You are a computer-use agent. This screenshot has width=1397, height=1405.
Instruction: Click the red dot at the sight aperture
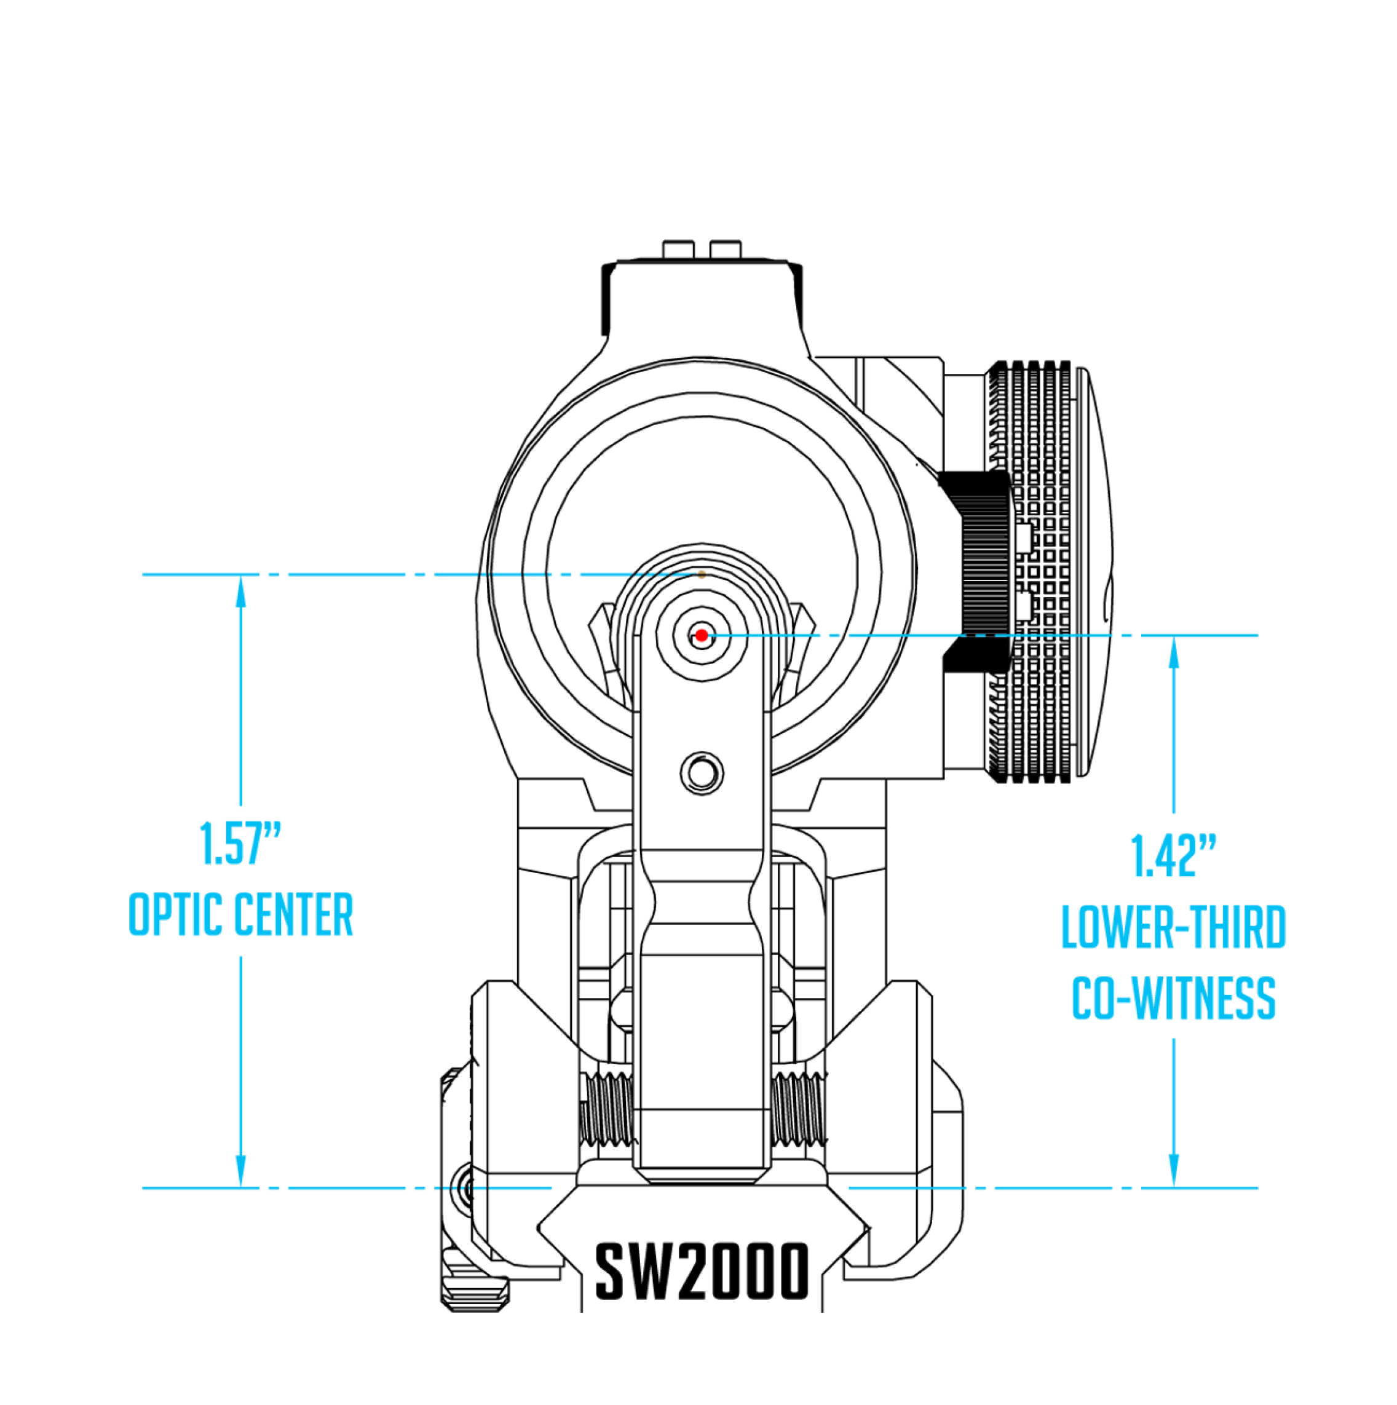point(701,636)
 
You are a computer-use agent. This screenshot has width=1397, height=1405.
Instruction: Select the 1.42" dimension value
point(1173,856)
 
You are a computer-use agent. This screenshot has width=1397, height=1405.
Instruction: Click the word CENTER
point(294,915)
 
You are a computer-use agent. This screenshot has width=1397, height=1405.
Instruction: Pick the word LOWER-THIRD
point(1173,927)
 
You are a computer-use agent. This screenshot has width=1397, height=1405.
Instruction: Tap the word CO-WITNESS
point(1173,999)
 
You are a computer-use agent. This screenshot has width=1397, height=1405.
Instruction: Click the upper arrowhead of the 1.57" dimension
point(240,590)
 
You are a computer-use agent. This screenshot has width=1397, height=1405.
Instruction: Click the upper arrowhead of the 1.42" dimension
point(1173,652)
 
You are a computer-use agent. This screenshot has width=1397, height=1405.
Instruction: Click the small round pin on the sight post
point(702,772)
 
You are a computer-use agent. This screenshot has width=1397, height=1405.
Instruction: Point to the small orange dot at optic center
point(701,574)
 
